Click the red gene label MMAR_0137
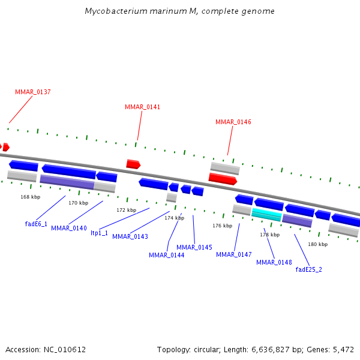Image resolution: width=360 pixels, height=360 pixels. click(x=32, y=92)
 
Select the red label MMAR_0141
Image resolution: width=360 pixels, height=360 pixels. click(x=142, y=107)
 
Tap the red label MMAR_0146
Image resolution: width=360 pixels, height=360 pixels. click(x=233, y=122)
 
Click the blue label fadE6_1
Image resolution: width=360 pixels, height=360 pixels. click(x=36, y=224)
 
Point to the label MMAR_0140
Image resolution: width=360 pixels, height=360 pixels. click(x=68, y=228)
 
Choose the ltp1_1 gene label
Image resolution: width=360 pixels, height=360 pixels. click(x=99, y=233)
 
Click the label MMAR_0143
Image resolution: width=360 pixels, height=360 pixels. click(x=130, y=236)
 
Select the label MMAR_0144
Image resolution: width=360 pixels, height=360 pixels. click(x=166, y=255)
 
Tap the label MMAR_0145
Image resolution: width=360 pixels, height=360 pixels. click(x=194, y=247)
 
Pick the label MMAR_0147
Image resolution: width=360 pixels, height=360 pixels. click(x=233, y=254)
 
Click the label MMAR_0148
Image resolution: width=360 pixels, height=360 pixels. click(x=274, y=262)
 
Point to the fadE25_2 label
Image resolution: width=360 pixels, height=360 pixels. click(x=308, y=269)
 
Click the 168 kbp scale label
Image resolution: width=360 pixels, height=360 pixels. click(x=30, y=197)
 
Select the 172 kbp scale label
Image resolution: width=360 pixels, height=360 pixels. click(x=126, y=210)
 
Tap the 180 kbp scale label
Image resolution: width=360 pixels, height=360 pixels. click(x=317, y=244)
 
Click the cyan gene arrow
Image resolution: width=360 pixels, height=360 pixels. click(x=266, y=214)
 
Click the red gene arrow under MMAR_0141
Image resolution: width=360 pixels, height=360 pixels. click(x=133, y=164)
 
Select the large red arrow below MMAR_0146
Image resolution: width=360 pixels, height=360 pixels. click(x=223, y=179)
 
